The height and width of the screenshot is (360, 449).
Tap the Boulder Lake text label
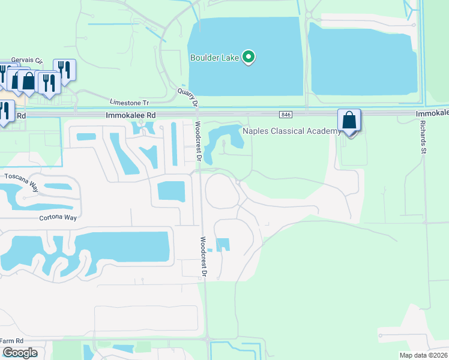pos(215,58)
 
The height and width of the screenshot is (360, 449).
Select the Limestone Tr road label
pos(129,103)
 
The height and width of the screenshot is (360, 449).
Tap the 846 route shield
pos(285,115)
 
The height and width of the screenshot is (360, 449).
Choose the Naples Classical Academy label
pos(287,130)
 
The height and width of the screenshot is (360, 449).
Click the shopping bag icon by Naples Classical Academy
pos(349,121)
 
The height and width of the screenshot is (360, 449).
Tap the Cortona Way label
pos(59,218)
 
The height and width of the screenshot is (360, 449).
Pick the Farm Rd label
pos(11,341)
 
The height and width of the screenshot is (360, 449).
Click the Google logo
pos(19,353)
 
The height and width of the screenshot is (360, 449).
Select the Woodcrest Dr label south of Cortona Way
pos(204,256)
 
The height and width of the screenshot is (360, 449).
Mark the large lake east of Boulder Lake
pos(360,60)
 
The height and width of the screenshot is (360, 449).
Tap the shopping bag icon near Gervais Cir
pos(28,81)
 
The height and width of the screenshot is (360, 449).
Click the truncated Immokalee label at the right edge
pos(432,113)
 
